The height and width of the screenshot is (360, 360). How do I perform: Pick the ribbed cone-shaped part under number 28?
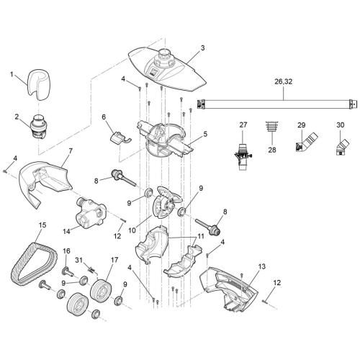pyautogui.click(x=272, y=132)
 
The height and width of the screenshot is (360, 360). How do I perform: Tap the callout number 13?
pyautogui.click(x=261, y=266)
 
